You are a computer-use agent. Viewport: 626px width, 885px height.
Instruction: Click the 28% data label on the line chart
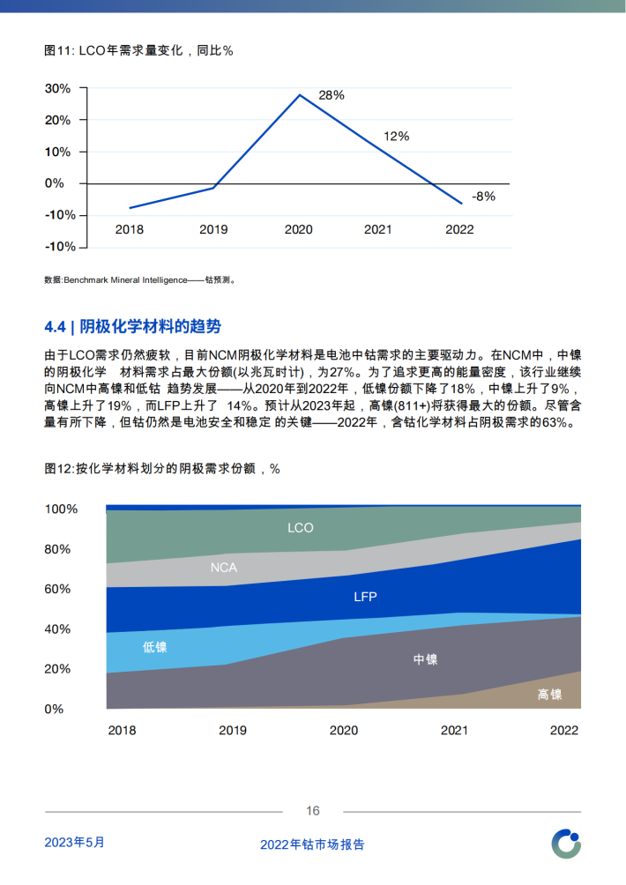(x=332, y=95)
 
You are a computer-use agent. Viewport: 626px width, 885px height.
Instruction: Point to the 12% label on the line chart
(x=396, y=137)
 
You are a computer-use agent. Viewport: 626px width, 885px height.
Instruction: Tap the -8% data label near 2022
(x=483, y=197)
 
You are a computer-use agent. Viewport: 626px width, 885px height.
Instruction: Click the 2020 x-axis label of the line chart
(x=298, y=229)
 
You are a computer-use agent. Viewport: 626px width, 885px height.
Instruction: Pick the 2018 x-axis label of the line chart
(x=130, y=229)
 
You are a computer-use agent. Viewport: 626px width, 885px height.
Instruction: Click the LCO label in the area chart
(x=301, y=528)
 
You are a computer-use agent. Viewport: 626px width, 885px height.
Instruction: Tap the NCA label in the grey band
(x=224, y=567)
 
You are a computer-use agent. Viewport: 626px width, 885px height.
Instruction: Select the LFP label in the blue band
(x=365, y=597)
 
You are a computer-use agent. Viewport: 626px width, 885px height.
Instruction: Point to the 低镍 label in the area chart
(x=154, y=647)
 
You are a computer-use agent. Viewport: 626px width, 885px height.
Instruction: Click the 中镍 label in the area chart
(x=425, y=659)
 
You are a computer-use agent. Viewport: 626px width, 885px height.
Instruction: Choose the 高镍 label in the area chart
(x=549, y=695)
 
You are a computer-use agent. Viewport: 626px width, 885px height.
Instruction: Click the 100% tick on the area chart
(x=61, y=509)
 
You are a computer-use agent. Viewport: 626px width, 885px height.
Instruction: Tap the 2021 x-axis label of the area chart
(x=454, y=731)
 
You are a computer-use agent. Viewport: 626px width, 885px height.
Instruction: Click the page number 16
(x=313, y=811)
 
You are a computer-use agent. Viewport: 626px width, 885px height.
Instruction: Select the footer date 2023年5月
(x=75, y=842)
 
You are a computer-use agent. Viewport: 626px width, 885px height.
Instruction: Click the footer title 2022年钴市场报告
(x=312, y=844)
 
